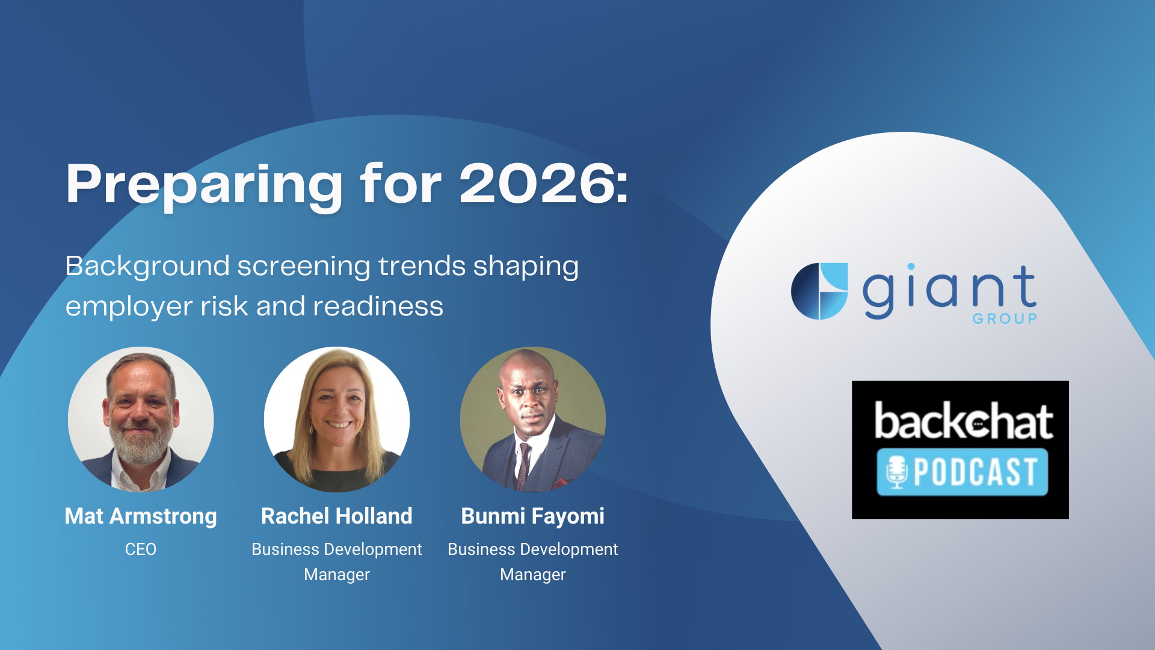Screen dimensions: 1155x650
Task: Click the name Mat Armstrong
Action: [x=141, y=516]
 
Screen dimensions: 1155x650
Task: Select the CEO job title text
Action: [x=141, y=549]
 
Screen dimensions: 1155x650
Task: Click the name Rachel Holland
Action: [x=337, y=516]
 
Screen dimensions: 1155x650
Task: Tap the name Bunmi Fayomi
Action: [x=533, y=516]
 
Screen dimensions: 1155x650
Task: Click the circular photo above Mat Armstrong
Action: [x=141, y=419]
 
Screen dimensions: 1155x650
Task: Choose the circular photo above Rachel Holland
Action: [x=337, y=419]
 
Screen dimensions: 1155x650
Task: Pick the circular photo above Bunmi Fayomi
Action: [x=533, y=419]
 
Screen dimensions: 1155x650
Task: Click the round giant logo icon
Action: [x=819, y=291]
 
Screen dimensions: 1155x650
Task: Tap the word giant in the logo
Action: [x=950, y=292]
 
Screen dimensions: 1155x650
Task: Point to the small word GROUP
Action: [x=1005, y=319]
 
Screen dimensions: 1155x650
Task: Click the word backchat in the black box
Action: [x=963, y=421]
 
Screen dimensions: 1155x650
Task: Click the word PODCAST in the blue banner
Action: [x=976, y=472]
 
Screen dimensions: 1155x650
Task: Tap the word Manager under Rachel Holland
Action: [x=337, y=575]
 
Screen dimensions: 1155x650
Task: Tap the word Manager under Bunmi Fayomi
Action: [x=533, y=575]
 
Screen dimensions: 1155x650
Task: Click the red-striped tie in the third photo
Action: [x=523, y=465]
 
